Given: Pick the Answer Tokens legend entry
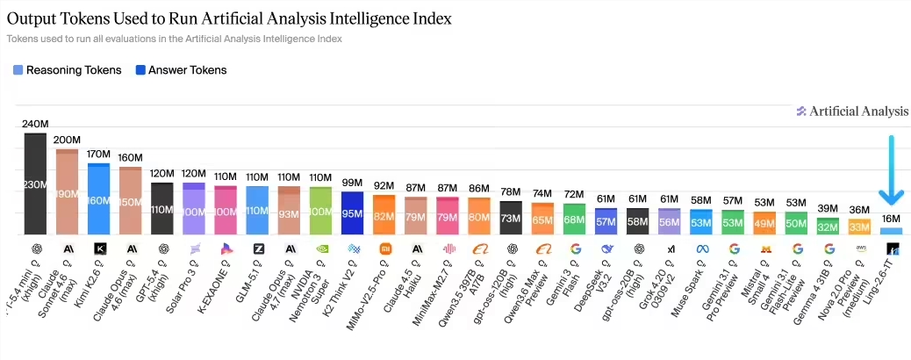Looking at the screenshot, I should [180, 70].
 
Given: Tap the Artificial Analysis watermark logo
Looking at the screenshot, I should [852, 111].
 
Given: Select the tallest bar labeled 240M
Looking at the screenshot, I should [35, 184].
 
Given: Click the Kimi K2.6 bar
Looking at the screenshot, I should [98, 199].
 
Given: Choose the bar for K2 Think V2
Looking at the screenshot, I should [352, 213].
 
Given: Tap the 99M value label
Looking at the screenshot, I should [352, 182].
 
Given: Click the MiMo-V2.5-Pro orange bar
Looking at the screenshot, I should [384, 215].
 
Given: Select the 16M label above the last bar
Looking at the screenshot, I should [890, 219].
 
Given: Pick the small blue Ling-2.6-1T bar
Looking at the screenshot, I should [891, 231].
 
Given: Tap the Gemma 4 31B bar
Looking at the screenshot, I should [828, 226].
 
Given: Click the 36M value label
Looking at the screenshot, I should [859, 209].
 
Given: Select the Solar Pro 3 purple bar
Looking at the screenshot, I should [194, 209].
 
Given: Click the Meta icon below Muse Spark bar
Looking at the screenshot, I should [701, 248].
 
